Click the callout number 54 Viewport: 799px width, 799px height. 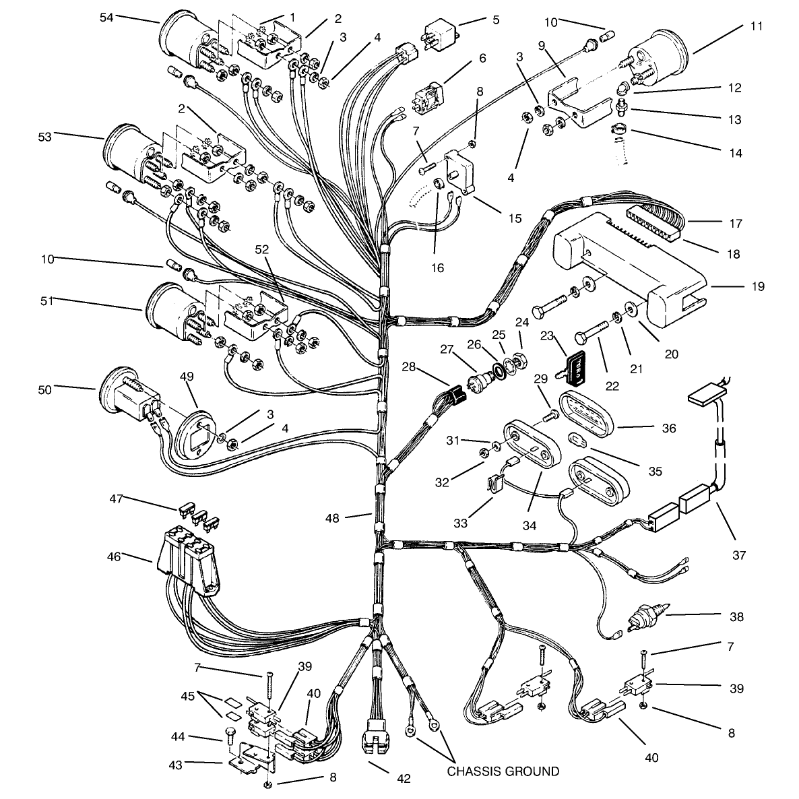(x=106, y=18)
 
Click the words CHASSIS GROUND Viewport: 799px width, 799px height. (x=503, y=771)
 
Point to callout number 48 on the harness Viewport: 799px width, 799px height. (x=332, y=518)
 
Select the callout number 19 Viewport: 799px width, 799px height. (x=758, y=286)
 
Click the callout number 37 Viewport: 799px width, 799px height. (x=739, y=555)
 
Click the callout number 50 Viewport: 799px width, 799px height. (x=45, y=390)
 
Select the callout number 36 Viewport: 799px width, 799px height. (x=668, y=428)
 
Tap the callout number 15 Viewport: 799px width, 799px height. (x=515, y=218)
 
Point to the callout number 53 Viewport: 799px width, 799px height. (x=45, y=137)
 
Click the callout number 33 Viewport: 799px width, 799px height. (x=460, y=523)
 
